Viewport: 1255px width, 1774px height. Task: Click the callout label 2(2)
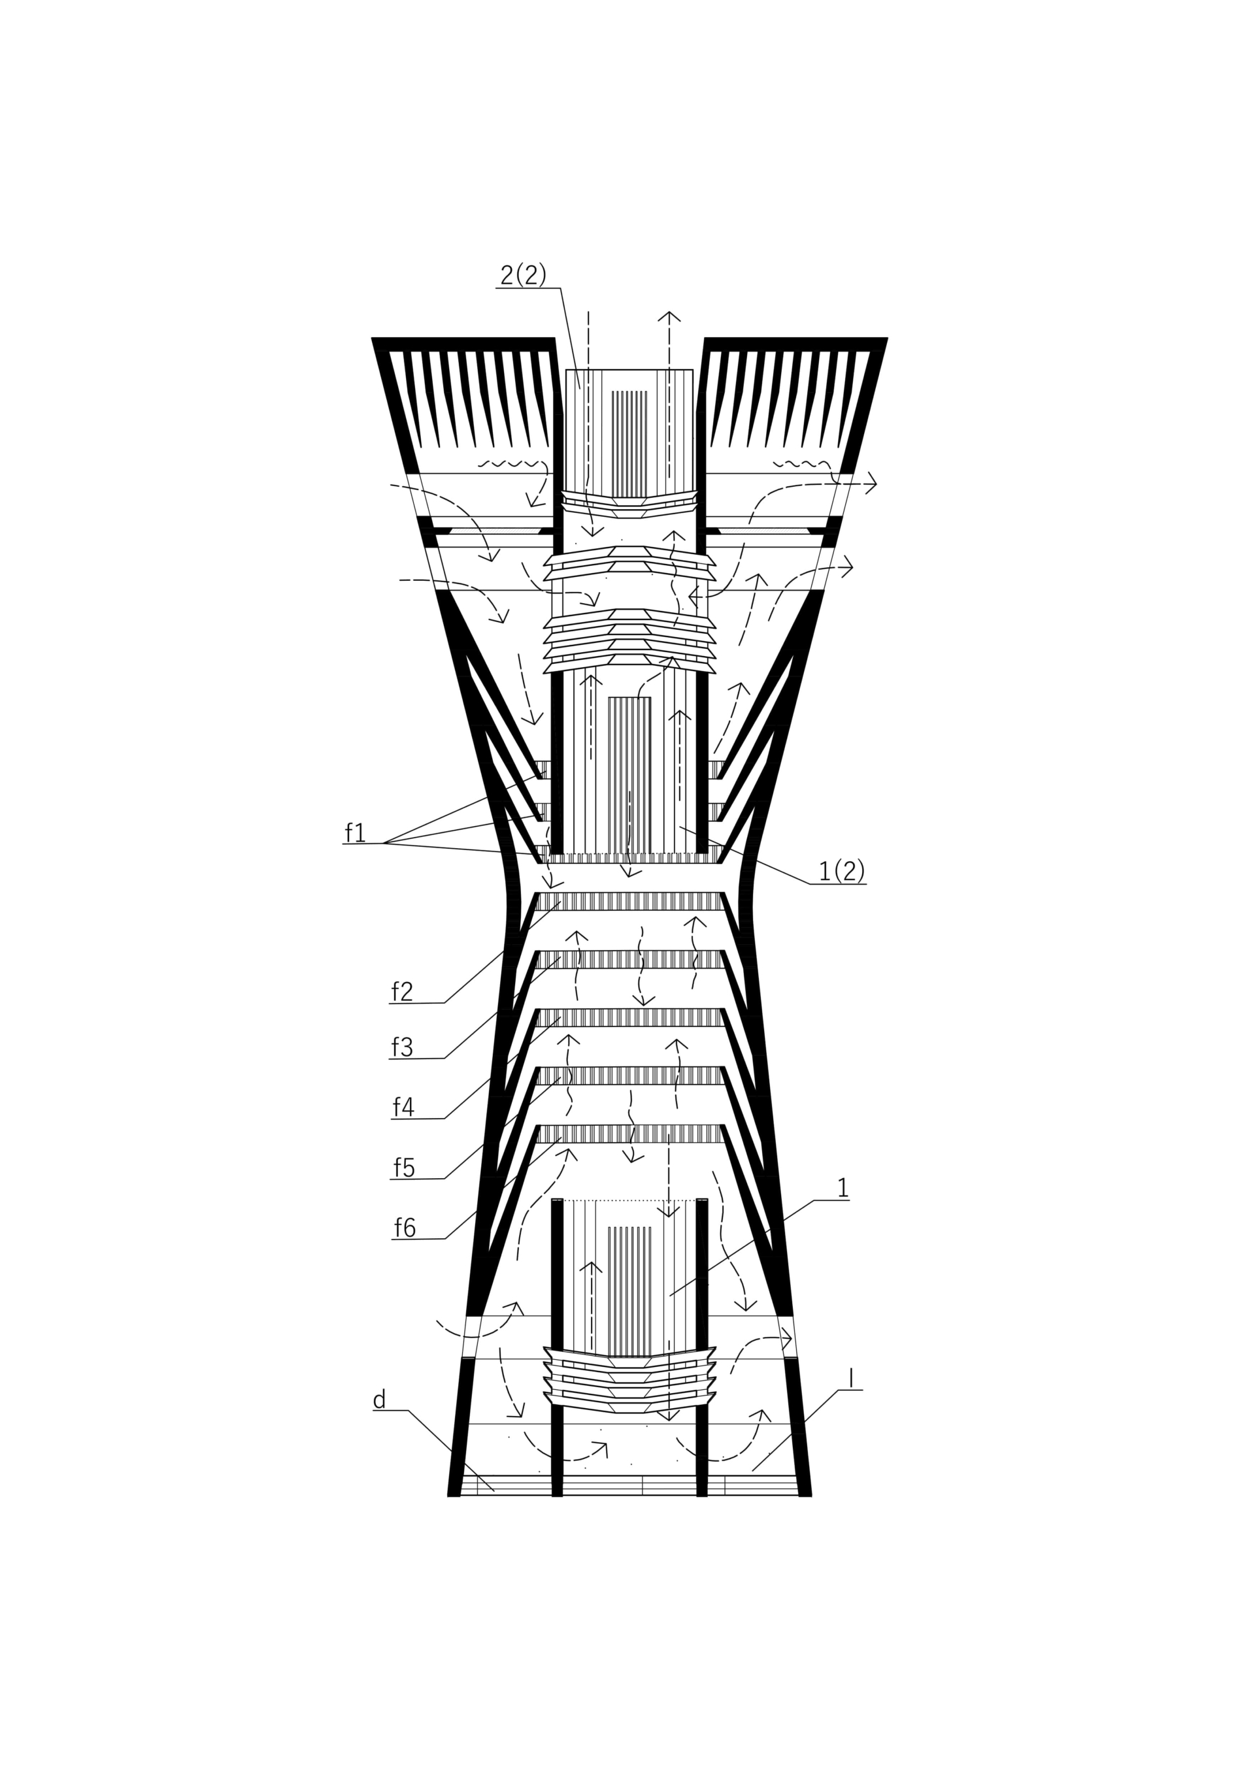pyautogui.click(x=523, y=274)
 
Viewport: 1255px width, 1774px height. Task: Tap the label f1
pyautogui.click(x=355, y=832)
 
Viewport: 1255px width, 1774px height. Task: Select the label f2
pyautogui.click(x=402, y=991)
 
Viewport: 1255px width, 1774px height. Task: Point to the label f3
pyautogui.click(x=402, y=1047)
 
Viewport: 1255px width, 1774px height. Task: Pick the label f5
pyautogui.click(x=403, y=1167)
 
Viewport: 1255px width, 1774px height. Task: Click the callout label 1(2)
pyautogui.click(x=841, y=871)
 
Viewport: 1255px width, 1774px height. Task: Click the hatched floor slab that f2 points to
pyautogui.click(x=629, y=901)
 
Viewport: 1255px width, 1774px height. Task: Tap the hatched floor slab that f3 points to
pyautogui.click(x=629, y=960)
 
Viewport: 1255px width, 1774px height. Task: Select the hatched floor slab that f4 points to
pyautogui.click(x=629, y=1017)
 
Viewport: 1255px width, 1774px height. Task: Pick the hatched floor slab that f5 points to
pyautogui.click(x=629, y=1076)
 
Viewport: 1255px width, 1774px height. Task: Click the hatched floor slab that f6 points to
pyautogui.click(x=629, y=1134)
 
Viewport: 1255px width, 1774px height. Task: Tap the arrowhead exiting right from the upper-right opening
pyautogui.click(x=871, y=484)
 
